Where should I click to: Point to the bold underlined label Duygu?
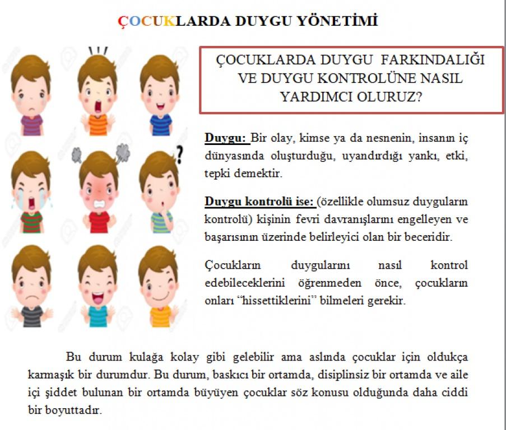coord(226,138)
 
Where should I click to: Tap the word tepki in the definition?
coord(219,174)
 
